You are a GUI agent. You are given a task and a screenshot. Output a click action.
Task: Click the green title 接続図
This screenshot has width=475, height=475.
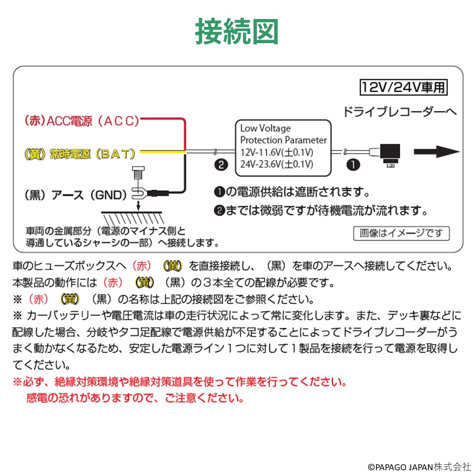237,31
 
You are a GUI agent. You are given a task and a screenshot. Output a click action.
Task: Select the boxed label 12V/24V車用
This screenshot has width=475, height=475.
403,87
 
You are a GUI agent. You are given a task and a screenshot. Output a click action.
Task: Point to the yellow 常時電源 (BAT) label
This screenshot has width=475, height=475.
80,154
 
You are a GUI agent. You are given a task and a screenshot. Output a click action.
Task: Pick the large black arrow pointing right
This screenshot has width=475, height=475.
437,152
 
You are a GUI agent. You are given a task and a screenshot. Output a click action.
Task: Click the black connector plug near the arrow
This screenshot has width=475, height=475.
389,154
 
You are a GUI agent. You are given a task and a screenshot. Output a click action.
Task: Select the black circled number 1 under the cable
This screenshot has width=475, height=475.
353,165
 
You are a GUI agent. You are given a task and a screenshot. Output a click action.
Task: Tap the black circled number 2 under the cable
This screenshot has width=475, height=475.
221,165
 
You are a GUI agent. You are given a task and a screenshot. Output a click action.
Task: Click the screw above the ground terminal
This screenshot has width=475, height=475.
139,173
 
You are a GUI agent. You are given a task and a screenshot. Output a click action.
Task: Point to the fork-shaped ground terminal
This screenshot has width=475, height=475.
139,193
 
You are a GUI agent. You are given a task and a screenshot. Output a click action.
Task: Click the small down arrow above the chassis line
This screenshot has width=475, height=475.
139,206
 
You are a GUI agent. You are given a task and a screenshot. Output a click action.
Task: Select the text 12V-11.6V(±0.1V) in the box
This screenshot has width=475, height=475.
277,152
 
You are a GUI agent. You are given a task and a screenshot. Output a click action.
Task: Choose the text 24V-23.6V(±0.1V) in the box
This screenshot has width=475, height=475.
277,164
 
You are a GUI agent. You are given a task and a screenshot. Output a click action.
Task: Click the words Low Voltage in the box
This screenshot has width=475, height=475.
266,128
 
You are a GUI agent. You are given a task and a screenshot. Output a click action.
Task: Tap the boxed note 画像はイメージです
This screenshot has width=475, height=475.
401,233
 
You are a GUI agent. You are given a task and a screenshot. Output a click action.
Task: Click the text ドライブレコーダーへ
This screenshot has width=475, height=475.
400,112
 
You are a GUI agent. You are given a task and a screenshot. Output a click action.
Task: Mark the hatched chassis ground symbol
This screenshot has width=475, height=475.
132,217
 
